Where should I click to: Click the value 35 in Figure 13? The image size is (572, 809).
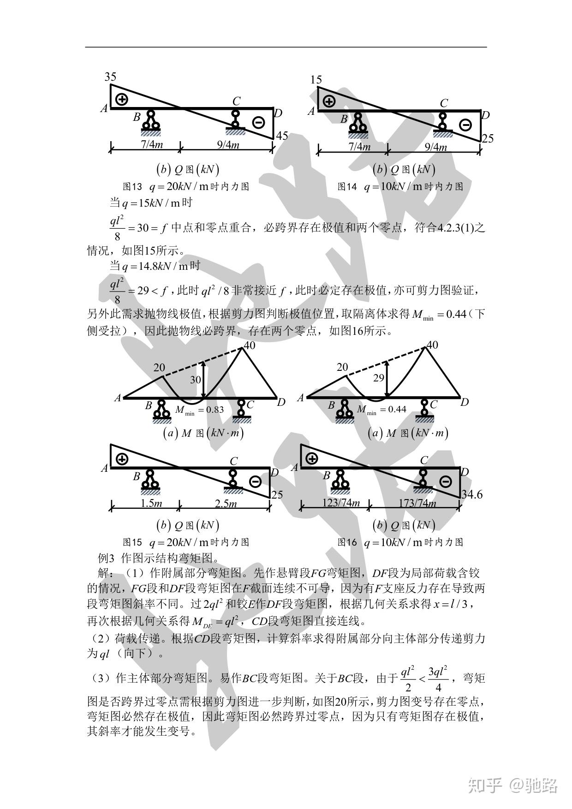[110, 77]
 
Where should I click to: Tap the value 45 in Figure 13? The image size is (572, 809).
[281, 136]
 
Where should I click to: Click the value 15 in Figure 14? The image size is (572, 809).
[316, 80]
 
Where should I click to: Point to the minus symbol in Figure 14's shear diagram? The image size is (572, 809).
[465, 125]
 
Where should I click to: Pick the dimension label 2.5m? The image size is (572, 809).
[226, 503]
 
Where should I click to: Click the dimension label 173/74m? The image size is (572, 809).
[417, 503]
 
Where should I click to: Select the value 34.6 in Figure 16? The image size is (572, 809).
[472, 494]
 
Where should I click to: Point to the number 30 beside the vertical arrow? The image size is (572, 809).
[196, 379]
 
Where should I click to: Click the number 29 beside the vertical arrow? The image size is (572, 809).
[378, 378]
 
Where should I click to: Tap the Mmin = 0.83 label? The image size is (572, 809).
[199, 410]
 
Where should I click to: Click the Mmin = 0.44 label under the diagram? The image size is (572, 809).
[381, 409]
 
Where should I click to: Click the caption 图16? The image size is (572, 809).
[348, 542]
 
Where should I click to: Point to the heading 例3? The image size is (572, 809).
[106, 558]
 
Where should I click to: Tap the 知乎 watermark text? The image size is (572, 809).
[484, 784]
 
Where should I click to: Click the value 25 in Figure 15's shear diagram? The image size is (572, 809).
[277, 494]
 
